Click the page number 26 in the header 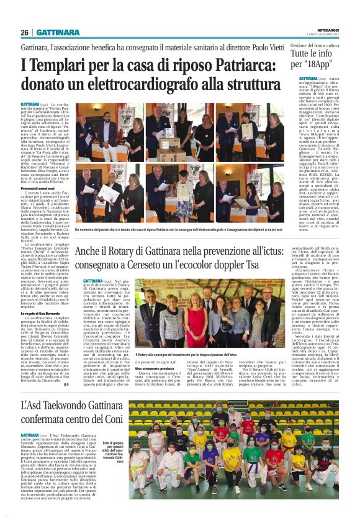point(25,33)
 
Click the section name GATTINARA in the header point(58,33)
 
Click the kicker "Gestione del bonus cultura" point(316,46)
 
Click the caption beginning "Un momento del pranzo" point(183,230)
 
